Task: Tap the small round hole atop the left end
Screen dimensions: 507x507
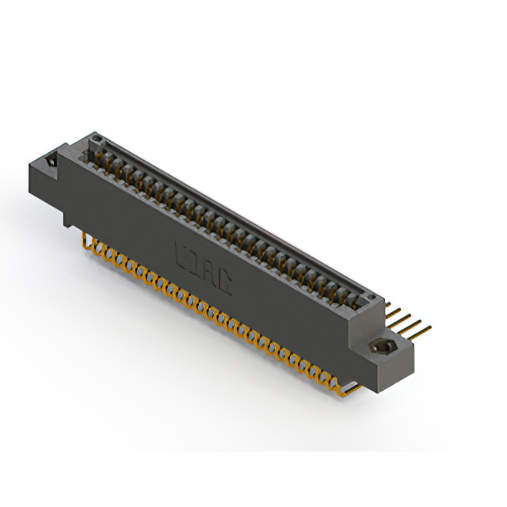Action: click(x=97, y=141)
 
